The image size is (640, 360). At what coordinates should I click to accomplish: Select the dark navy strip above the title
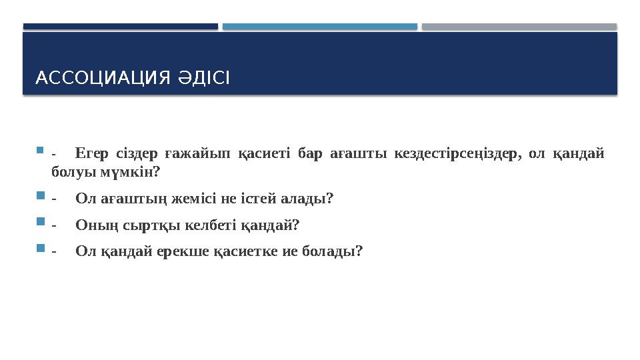tap(120, 27)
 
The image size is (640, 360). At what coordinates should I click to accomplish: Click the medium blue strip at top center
tap(319, 27)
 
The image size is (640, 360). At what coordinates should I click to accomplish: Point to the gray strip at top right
tap(519, 27)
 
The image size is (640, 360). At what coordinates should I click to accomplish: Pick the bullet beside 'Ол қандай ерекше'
tap(39, 249)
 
